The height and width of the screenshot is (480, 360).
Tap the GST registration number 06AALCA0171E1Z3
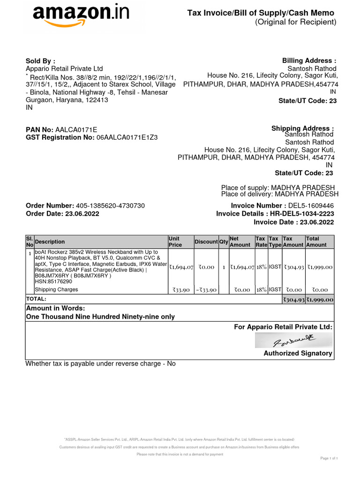point(127,137)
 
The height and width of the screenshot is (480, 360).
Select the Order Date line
point(62,213)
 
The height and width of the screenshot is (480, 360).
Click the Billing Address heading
point(309,61)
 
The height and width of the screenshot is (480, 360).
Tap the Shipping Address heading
point(302,128)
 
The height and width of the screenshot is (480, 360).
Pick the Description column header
point(50,242)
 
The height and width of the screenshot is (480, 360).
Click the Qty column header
point(224,242)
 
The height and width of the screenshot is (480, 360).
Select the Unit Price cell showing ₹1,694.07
point(181,267)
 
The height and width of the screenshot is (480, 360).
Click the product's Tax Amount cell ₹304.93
point(293,267)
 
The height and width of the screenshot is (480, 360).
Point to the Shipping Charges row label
point(56,290)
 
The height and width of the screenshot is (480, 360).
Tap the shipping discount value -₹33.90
point(206,290)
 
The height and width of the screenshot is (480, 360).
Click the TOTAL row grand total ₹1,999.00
point(320,300)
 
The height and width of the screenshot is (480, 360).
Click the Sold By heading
point(40,61)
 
